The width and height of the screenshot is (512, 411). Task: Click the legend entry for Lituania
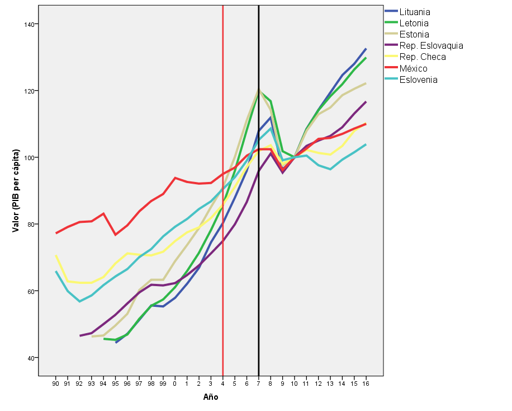(x=414, y=12)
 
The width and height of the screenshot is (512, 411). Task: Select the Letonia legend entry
(x=414, y=23)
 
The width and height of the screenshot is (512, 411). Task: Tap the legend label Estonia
(x=414, y=34)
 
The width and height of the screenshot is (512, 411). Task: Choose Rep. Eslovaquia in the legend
(x=431, y=45)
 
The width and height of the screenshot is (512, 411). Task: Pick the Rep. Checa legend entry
(x=422, y=57)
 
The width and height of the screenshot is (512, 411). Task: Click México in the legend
(x=413, y=68)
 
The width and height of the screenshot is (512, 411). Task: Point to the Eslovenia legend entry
(x=418, y=80)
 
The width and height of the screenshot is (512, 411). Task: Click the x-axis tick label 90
(x=55, y=384)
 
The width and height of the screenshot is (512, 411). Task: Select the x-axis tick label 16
(x=366, y=384)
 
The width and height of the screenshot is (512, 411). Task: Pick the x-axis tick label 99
(x=163, y=384)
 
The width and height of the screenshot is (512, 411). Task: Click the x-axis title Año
(x=210, y=398)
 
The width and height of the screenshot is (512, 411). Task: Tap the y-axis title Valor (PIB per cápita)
(x=16, y=190)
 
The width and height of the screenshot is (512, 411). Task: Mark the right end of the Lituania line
(x=366, y=49)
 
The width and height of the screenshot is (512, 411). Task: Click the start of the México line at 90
(x=56, y=233)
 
